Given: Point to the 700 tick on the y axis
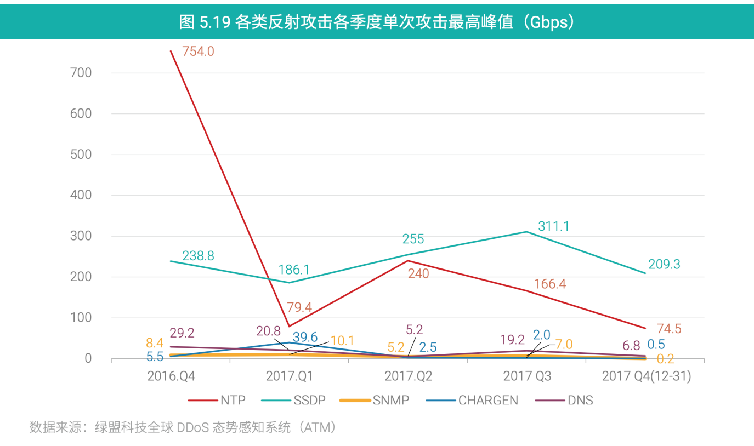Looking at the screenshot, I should (81, 73).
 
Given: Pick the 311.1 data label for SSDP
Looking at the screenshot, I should (553, 226).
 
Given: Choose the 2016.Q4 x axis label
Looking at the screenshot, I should (171, 376).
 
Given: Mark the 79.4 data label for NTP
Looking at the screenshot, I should (299, 307).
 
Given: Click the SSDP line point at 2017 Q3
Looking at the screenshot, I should (527, 232).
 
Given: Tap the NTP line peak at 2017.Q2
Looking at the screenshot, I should (408, 261).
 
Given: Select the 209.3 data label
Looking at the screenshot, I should (664, 265).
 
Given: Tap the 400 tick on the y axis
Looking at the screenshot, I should (81, 196).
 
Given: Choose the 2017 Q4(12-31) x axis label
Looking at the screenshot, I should (646, 376).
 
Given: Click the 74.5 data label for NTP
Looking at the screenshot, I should (669, 329).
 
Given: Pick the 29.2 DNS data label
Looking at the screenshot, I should (183, 333).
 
